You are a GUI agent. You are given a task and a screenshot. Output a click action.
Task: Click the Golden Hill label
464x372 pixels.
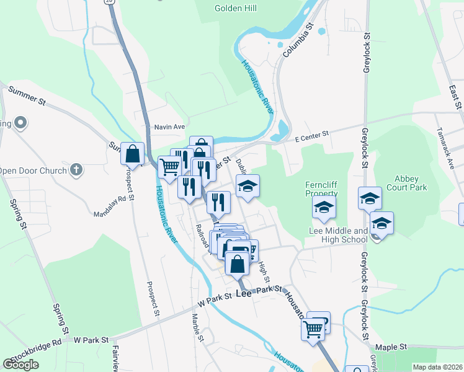[x=236, y=8]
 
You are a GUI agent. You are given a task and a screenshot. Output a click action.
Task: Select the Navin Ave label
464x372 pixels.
[x=169, y=126]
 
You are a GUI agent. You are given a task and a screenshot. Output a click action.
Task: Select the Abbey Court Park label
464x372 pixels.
[x=407, y=182]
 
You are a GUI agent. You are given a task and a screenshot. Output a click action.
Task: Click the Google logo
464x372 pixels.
[x=20, y=365]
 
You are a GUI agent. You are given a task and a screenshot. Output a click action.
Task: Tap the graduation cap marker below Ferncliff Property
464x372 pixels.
[x=324, y=209]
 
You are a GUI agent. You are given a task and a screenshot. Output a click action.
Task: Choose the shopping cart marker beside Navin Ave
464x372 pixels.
[x=169, y=167]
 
